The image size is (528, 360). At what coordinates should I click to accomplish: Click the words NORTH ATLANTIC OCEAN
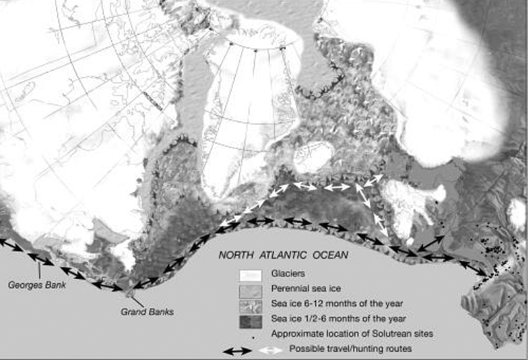coord(283,256)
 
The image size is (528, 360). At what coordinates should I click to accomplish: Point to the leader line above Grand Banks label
coord(136,296)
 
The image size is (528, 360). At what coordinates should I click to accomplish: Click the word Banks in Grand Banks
coord(162,312)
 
